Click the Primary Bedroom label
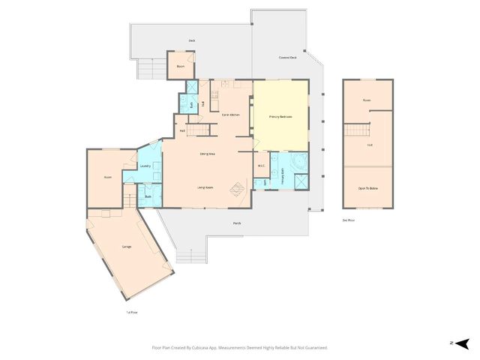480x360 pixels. pyautogui.click(x=280, y=117)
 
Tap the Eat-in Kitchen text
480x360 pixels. pyautogui.click(x=230, y=114)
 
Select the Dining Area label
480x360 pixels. pyautogui.click(x=208, y=154)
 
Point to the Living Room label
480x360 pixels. pyautogui.click(x=206, y=187)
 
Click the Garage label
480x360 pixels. pyautogui.click(x=127, y=246)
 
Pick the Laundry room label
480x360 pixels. pyautogui.click(x=146, y=166)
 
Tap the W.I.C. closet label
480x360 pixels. pyautogui.click(x=261, y=166)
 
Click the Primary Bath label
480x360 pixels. pyautogui.click(x=276, y=181)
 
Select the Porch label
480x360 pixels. pyautogui.click(x=237, y=223)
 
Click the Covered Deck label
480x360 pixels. pyautogui.click(x=287, y=57)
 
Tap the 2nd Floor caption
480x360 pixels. pyautogui.click(x=347, y=220)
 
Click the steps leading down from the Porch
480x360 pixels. pyautogui.click(x=190, y=255)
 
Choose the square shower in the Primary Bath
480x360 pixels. pyautogui.click(x=299, y=181)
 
